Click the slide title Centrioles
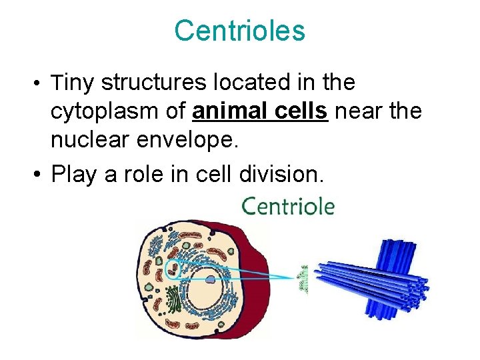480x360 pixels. tap(239, 31)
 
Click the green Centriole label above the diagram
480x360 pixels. tap(287, 206)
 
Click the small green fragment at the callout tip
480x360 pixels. tap(304, 279)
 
